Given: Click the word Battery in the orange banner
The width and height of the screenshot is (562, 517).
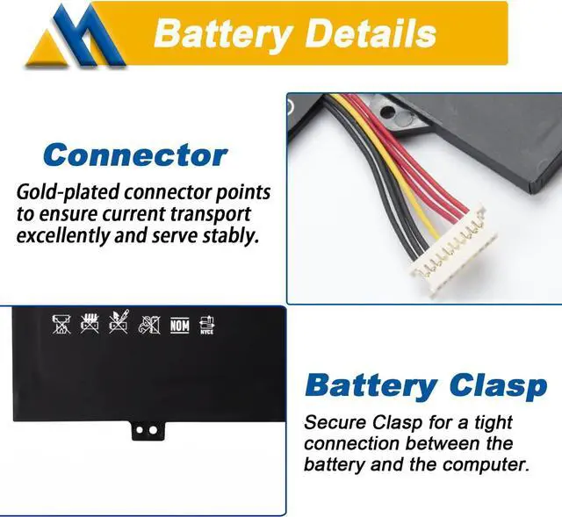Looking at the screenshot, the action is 220,33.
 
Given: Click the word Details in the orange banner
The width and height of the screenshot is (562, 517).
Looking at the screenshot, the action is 369,33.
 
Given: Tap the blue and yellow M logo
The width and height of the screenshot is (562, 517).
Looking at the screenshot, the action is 75,39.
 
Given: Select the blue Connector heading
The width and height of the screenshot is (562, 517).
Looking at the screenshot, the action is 135,155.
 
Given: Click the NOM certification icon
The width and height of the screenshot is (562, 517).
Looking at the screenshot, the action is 179,326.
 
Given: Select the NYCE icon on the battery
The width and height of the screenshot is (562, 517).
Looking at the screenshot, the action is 206,326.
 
